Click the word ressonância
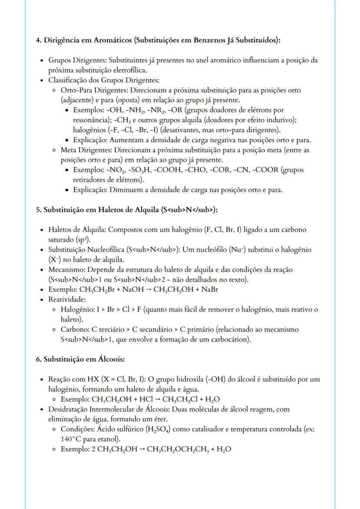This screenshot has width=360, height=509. coord(91,120)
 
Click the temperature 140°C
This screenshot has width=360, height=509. coord(69,439)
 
